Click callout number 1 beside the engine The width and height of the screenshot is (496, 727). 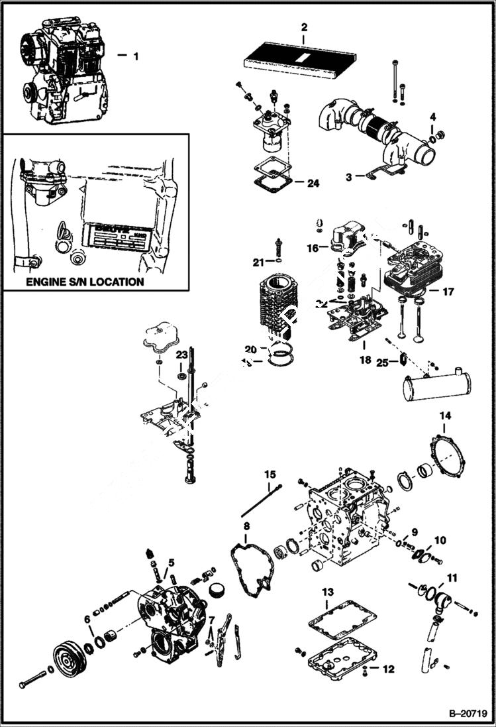tap(136, 56)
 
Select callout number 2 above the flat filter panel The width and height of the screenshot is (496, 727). tap(304, 28)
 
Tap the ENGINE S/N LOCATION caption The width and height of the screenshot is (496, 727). tap(84, 282)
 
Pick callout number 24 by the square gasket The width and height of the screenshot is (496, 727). tap(313, 184)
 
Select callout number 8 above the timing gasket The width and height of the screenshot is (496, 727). tap(246, 527)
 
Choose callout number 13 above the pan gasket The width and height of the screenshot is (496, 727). tap(327, 591)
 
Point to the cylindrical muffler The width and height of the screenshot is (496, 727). tap(436, 386)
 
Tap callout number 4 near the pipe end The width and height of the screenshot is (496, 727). tap(432, 117)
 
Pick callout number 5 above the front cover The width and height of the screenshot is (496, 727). tap(171, 563)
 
